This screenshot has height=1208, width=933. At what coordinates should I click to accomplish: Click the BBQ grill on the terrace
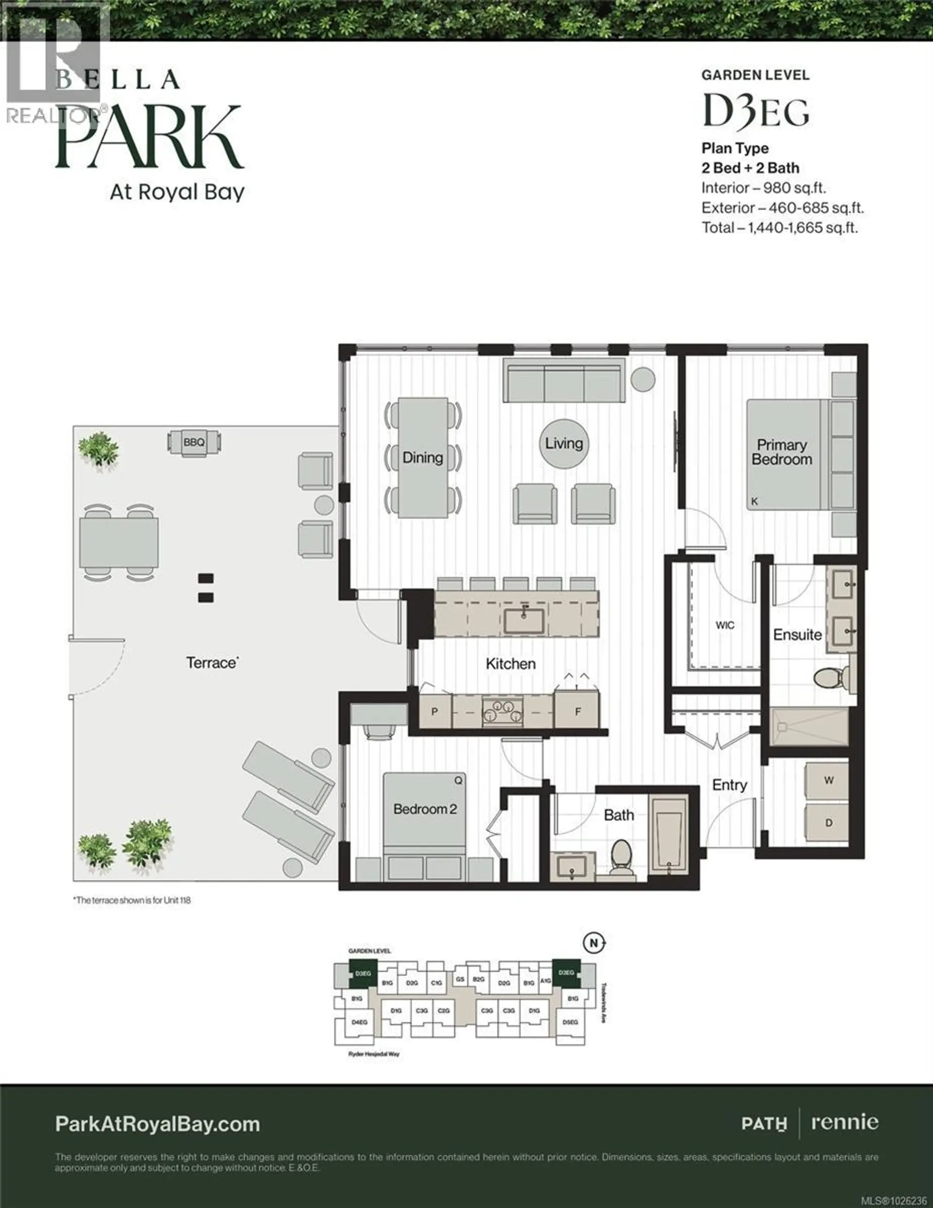click(x=194, y=442)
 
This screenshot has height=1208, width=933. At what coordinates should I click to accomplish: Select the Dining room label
click(x=423, y=457)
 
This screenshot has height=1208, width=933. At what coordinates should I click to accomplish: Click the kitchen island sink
click(x=524, y=621)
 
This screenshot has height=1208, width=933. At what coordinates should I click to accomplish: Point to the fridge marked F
click(x=577, y=711)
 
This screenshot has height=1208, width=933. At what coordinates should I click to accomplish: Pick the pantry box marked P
click(x=435, y=711)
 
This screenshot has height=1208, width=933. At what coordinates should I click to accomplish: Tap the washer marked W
click(x=829, y=780)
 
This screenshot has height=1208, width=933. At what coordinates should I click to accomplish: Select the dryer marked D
click(x=829, y=823)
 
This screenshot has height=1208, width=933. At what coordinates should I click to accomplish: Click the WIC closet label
click(x=725, y=625)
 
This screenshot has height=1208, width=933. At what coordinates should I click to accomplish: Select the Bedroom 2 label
click(x=425, y=808)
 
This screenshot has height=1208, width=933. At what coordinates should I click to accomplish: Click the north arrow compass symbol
click(x=594, y=943)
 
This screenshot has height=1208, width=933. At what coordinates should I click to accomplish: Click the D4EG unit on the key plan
click(x=360, y=1022)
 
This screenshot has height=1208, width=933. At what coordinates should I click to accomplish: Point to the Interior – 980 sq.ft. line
click(x=763, y=188)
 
